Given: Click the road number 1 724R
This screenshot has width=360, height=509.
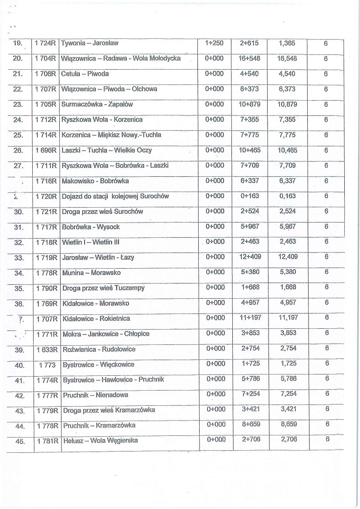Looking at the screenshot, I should (x=46, y=43).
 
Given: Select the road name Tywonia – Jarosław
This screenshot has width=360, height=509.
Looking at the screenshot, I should (x=90, y=43).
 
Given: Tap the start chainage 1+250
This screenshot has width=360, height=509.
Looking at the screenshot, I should (x=214, y=43).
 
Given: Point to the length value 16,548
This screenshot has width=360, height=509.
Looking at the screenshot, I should (x=287, y=58).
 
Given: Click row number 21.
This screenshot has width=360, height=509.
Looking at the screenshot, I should (x=18, y=74).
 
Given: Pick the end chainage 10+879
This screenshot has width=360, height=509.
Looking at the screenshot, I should (x=249, y=104).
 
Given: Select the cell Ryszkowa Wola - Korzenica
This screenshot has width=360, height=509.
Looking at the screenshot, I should (x=102, y=119).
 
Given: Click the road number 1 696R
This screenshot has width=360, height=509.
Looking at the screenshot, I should (x=46, y=150).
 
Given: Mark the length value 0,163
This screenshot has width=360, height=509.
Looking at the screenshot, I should (x=287, y=196).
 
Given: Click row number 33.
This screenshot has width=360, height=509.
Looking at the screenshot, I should (x=19, y=258).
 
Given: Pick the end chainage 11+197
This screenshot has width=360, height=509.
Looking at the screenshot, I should (x=250, y=318).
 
